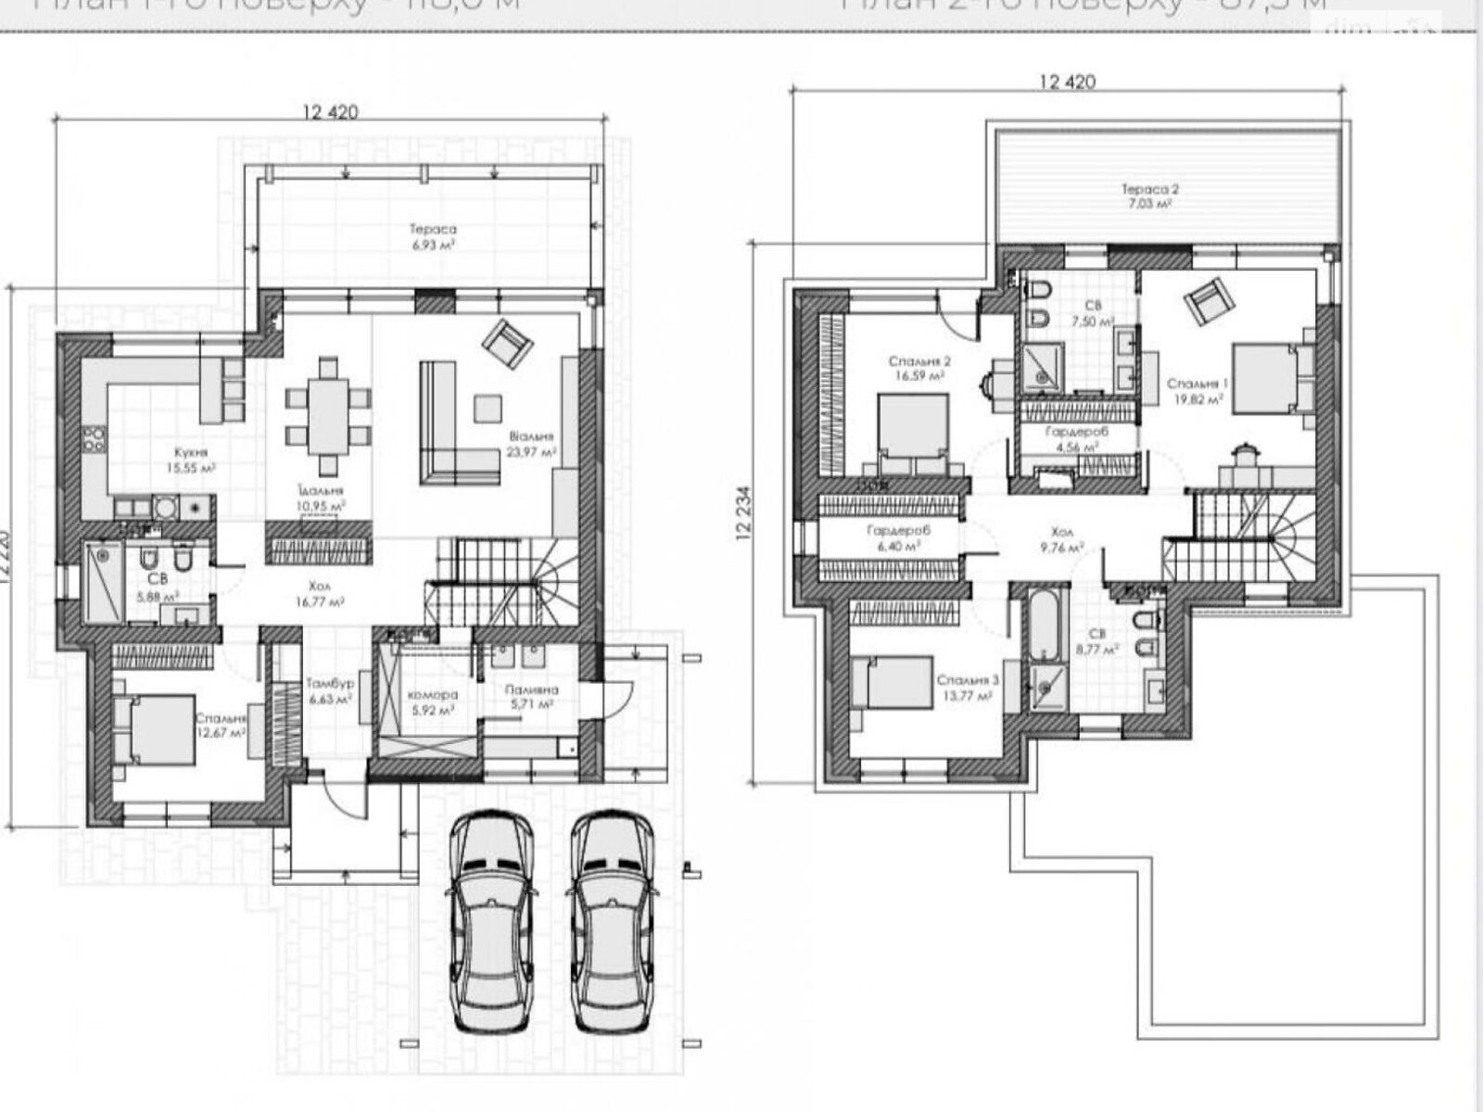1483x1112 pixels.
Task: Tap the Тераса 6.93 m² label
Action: click(434, 235)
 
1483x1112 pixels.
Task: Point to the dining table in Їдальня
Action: click(327, 417)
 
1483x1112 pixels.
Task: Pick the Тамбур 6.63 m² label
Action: click(330, 689)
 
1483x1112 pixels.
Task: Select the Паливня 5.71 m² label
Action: click(530, 697)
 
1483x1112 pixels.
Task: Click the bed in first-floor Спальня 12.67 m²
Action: click(156, 730)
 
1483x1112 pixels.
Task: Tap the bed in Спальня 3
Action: click(892, 683)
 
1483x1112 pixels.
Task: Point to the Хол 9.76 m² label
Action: click(1063, 540)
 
